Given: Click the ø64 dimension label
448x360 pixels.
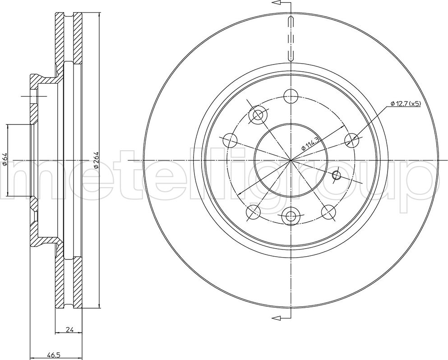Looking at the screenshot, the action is point(5,159).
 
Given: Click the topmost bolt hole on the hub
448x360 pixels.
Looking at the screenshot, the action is point(291,96).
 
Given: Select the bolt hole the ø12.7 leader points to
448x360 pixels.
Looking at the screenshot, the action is point(352,140).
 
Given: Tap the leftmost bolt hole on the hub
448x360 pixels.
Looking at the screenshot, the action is point(230,140).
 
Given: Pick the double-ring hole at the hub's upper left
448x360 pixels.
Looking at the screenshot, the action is point(258,115).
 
